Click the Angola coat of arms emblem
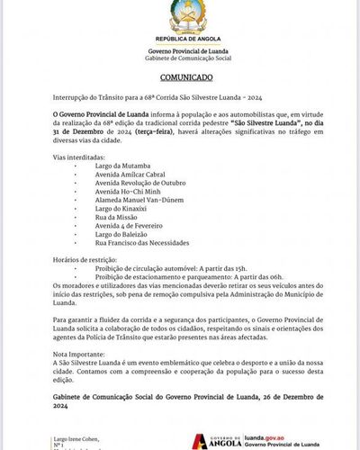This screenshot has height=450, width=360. [x=180, y=19]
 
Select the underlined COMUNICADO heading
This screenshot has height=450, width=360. [x=180, y=78]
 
